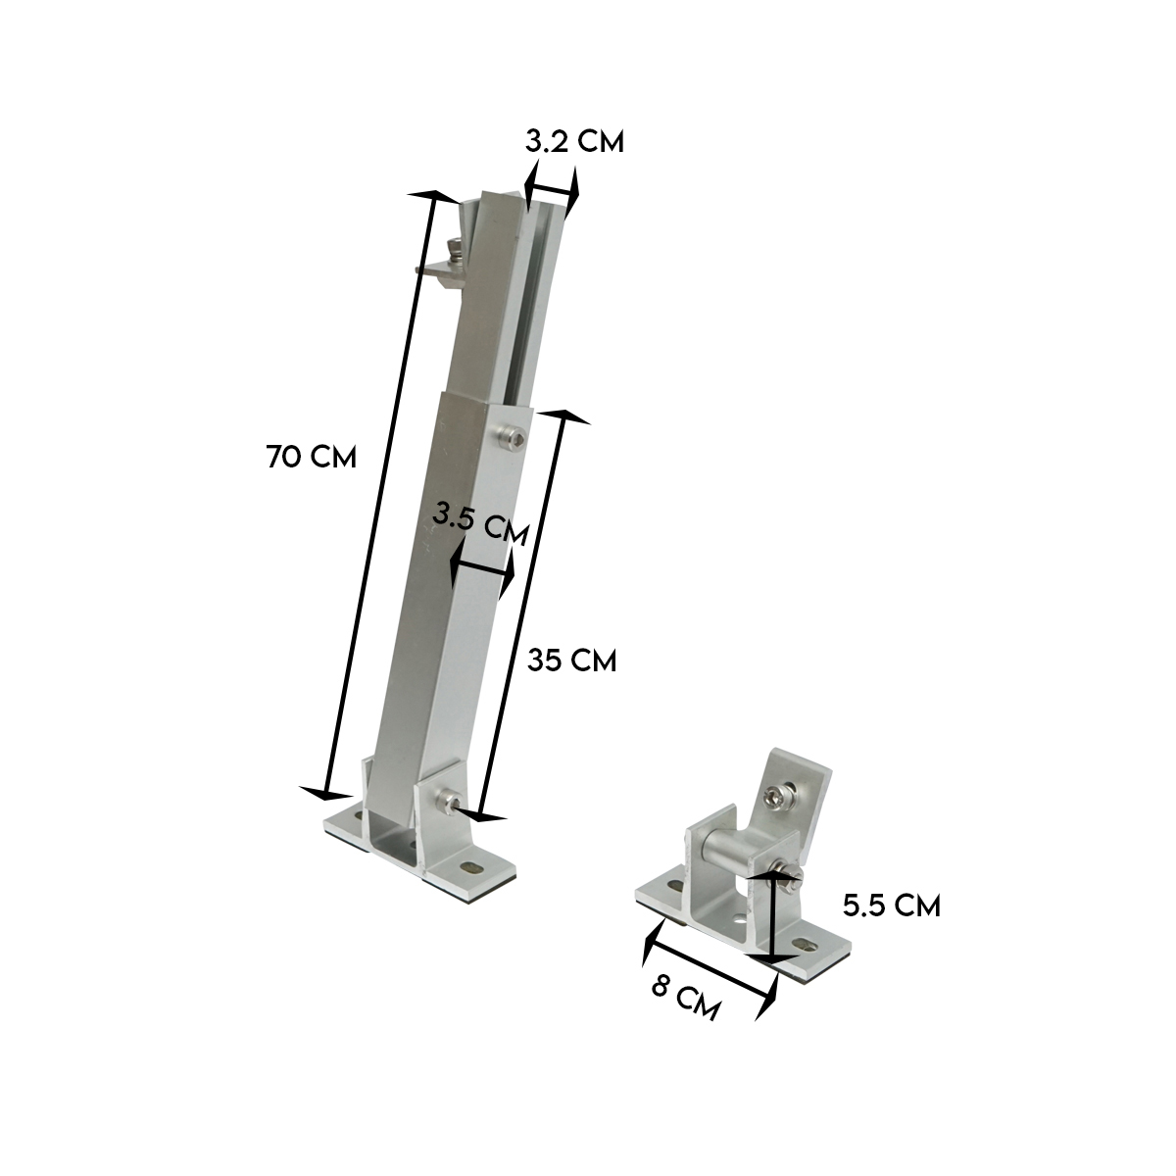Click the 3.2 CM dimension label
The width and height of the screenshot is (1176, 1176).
click(574, 141)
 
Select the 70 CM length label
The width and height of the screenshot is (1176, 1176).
click(311, 457)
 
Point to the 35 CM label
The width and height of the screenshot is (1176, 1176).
click(572, 661)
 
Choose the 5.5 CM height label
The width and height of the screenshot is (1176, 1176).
click(891, 906)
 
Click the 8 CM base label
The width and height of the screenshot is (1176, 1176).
click(686, 999)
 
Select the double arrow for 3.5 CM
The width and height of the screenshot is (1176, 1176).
click(481, 569)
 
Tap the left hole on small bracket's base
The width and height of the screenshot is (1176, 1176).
click(674, 885)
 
